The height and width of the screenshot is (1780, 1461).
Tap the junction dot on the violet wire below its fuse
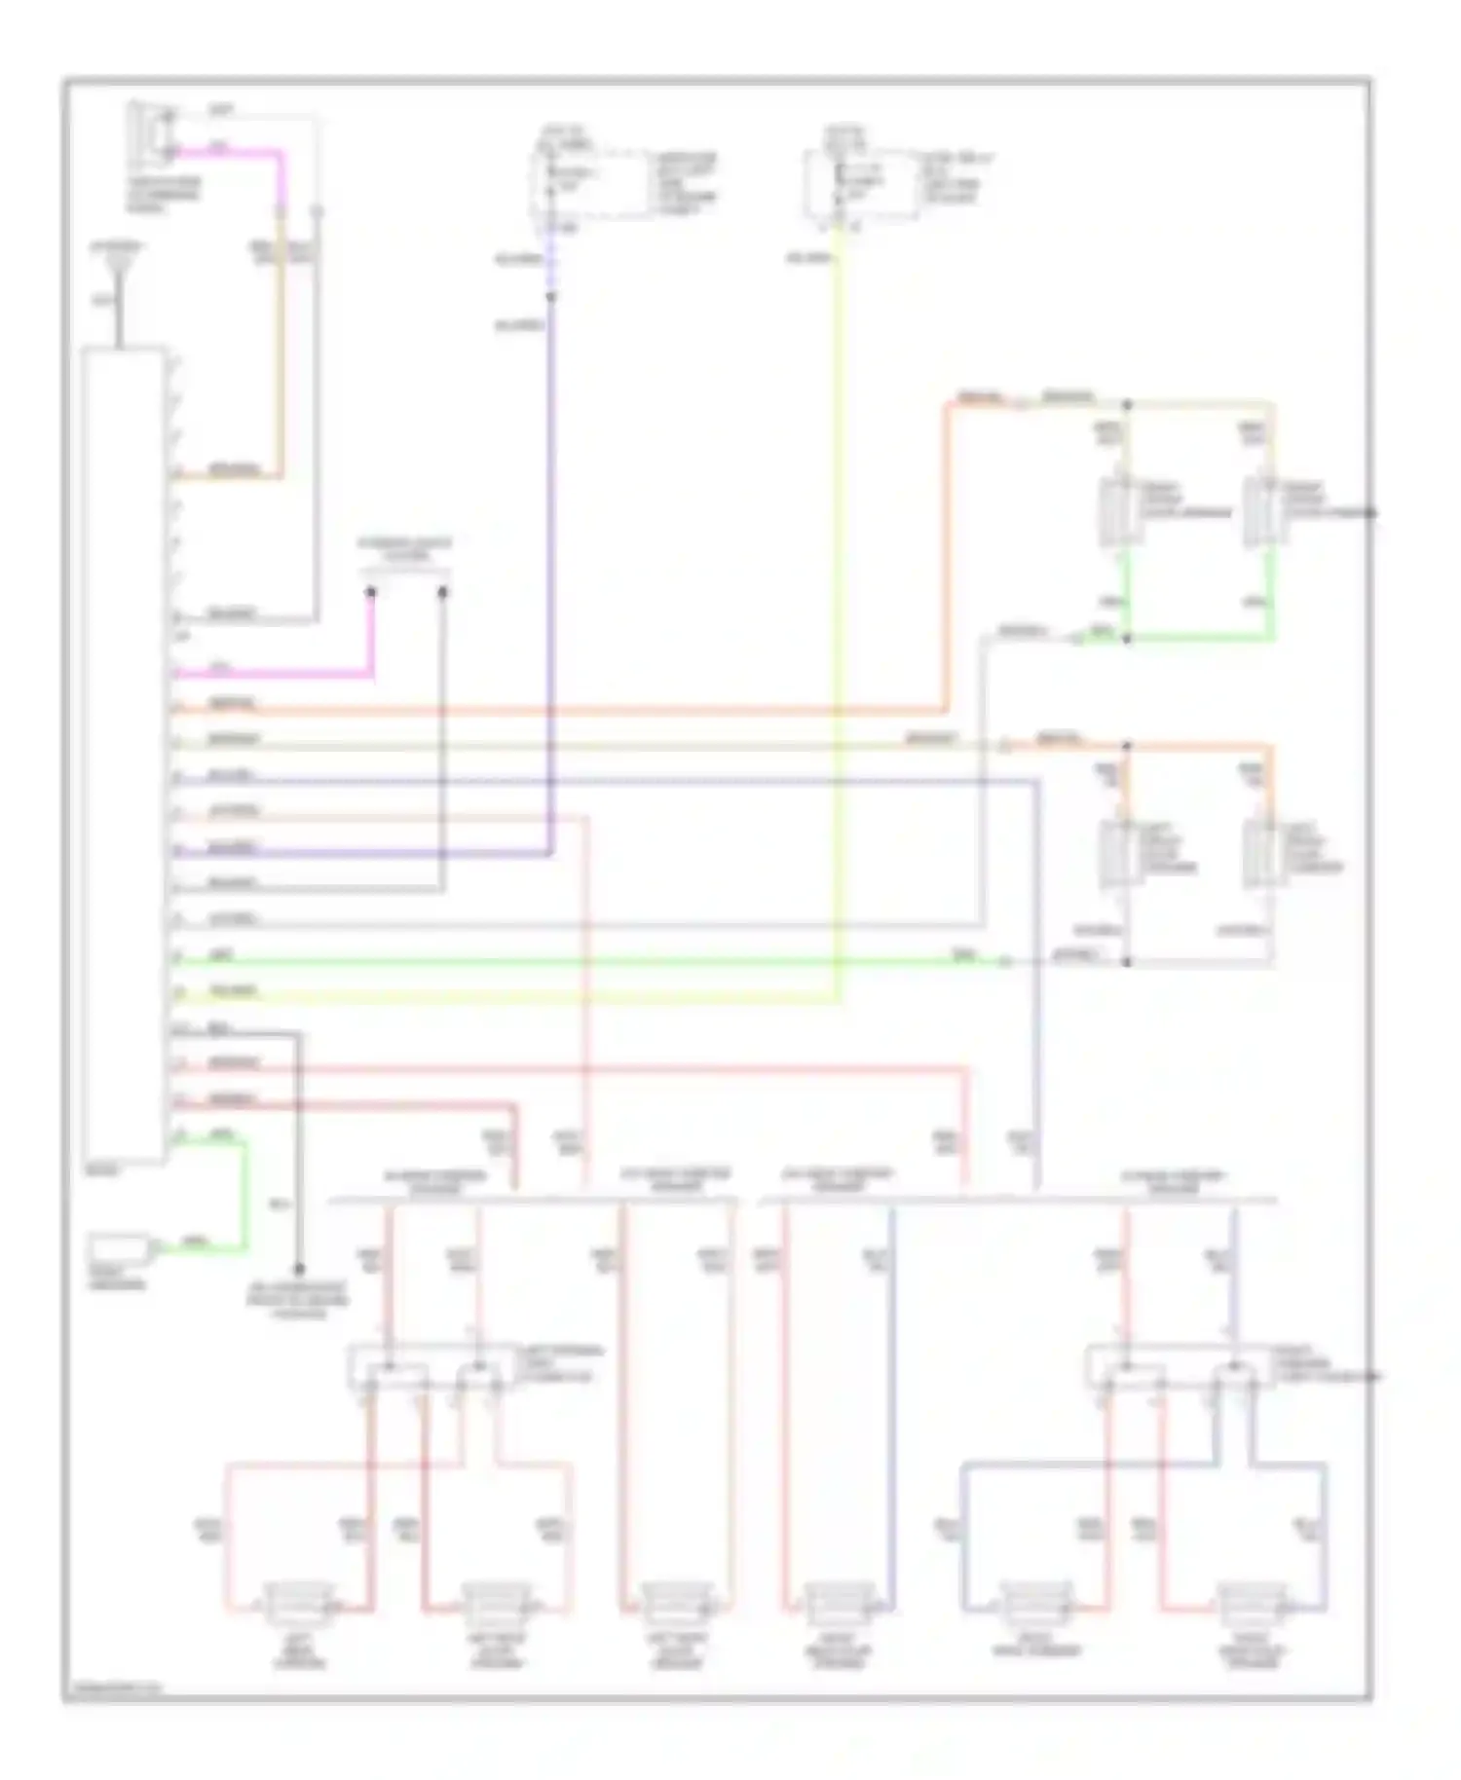pyautogui.click(x=550, y=295)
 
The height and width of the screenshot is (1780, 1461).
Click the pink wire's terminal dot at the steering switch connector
pyautogui.click(x=371, y=591)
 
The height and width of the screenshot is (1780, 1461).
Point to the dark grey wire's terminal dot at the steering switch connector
pyautogui.click(x=442, y=591)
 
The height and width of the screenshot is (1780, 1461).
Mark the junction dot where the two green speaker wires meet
pyautogui.click(x=1127, y=639)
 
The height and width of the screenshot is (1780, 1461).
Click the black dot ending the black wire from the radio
pyautogui.click(x=299, y=1269)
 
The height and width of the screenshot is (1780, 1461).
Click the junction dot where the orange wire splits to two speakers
pyautogui.click(x=1127, y=747)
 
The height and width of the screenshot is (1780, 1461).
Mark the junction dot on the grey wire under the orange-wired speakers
pyautogui.click(x=1127, y=962)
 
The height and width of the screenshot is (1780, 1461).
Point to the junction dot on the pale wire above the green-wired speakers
pyautogui.click(x=1127, y=402)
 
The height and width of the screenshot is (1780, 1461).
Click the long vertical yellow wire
pyautogui.click(x=838, y=633)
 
